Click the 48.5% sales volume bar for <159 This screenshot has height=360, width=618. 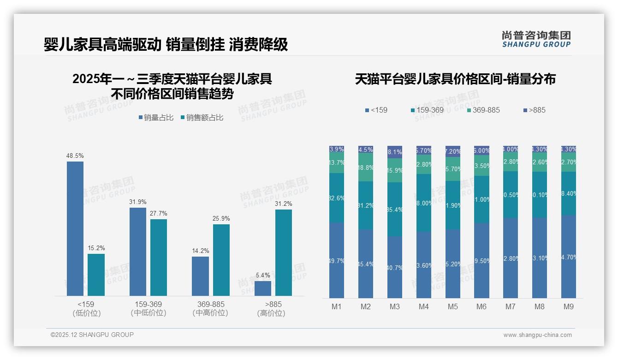coord(75,228)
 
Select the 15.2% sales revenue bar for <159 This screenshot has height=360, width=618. coord(96,275)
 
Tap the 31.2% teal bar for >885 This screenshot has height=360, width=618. coord(284,252)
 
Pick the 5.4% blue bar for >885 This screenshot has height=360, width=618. coord(263,288)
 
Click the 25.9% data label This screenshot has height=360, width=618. coord(221,218)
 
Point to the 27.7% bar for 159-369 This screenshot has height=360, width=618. coord(159,257)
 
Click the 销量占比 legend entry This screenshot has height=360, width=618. coord(156,118)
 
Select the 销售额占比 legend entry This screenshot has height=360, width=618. coord(202,118)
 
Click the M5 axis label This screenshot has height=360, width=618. coord(452,306)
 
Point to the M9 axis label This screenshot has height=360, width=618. coord(569,306)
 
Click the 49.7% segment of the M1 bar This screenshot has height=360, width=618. coord(337,260)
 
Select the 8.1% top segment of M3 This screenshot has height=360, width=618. coord(395,152)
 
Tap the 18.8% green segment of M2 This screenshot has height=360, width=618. coord(366,167)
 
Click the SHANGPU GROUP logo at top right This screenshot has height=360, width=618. coord(536,39)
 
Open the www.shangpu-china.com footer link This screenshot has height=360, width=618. coord(537,335)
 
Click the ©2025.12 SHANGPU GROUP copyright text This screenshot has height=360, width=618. coord(92,335)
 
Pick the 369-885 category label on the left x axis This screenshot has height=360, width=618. coord(211,308)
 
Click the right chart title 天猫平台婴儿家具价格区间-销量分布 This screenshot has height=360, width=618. coord(455,79)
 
